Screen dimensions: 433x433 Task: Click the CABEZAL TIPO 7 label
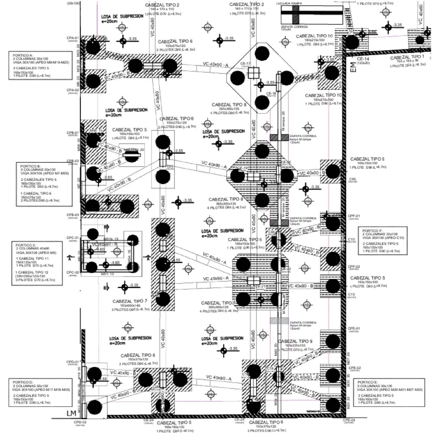(130, 301)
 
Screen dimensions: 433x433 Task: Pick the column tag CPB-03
(73, 215)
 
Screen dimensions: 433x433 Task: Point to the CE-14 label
(363, 59)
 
